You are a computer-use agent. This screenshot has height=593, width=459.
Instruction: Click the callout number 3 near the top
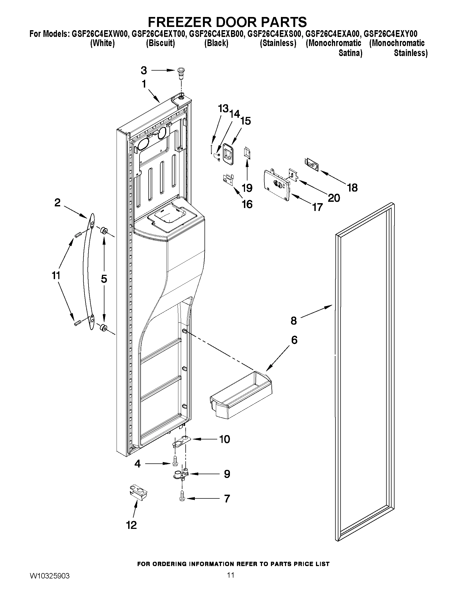(144, 71)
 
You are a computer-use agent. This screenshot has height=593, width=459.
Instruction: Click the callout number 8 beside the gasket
(294, 321)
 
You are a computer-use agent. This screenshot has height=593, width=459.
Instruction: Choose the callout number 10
(225, 439)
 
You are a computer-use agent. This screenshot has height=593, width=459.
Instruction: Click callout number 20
(334, 198)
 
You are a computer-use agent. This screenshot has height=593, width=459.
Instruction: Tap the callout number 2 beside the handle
(57, 203)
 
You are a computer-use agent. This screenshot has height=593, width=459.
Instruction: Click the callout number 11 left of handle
(56, 276)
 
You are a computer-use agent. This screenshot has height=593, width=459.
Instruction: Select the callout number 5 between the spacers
(104, 279)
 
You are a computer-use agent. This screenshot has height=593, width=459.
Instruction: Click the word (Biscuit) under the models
(161, 43)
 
